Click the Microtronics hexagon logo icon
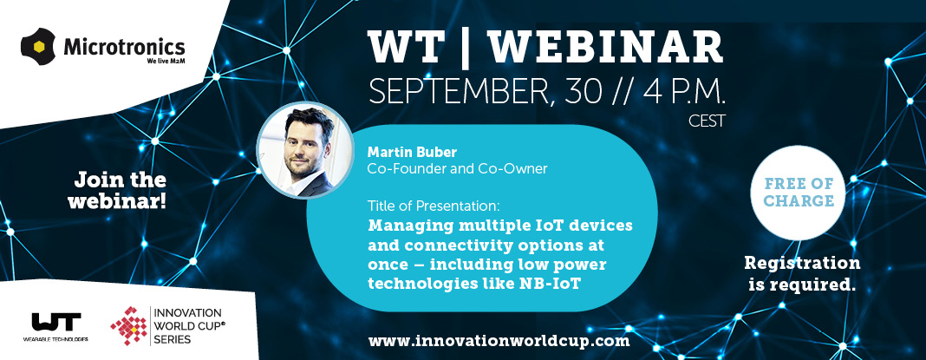click(x=38, y=46)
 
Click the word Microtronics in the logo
click(x=124, y=46)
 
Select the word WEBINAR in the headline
click(x=604, y=47)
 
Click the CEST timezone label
click(x=707, y=121)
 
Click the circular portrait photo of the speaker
click(x=305, y=149)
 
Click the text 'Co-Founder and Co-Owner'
click(x=457, y=169)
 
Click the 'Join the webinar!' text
click(x=117, y=190)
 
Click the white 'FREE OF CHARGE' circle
click(x=799, y=192)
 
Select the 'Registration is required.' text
click(x=802, y=274)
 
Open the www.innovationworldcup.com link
click(x=499, y=341)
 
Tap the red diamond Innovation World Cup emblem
click(x=128, y=325)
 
